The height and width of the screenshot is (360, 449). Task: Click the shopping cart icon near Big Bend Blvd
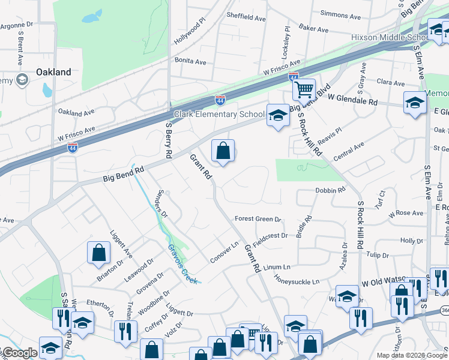[x=304, y=89]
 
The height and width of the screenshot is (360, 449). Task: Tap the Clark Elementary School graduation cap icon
[x=278, y=115]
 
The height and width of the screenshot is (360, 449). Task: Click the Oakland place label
[x=53, y=72]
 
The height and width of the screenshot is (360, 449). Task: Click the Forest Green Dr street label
[x=258, y=220]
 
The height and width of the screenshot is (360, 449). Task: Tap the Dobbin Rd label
[x=331, y=190]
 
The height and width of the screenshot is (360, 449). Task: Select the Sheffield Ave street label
[x=246, y=19]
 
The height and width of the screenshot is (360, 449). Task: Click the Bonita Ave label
[x=190, y=61]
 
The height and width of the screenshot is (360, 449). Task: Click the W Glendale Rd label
[x=353, y=102]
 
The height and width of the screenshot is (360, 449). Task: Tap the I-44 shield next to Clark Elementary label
[x=220, y=100]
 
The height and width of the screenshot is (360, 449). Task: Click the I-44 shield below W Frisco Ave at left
[x=72, y=147]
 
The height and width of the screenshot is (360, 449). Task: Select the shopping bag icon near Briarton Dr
[x=98, y=253]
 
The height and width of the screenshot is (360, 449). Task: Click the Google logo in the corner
[x=20, y=353]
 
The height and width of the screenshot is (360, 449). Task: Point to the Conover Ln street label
[x=224, y=253]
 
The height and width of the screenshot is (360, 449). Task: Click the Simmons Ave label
[x=342, y=14]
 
